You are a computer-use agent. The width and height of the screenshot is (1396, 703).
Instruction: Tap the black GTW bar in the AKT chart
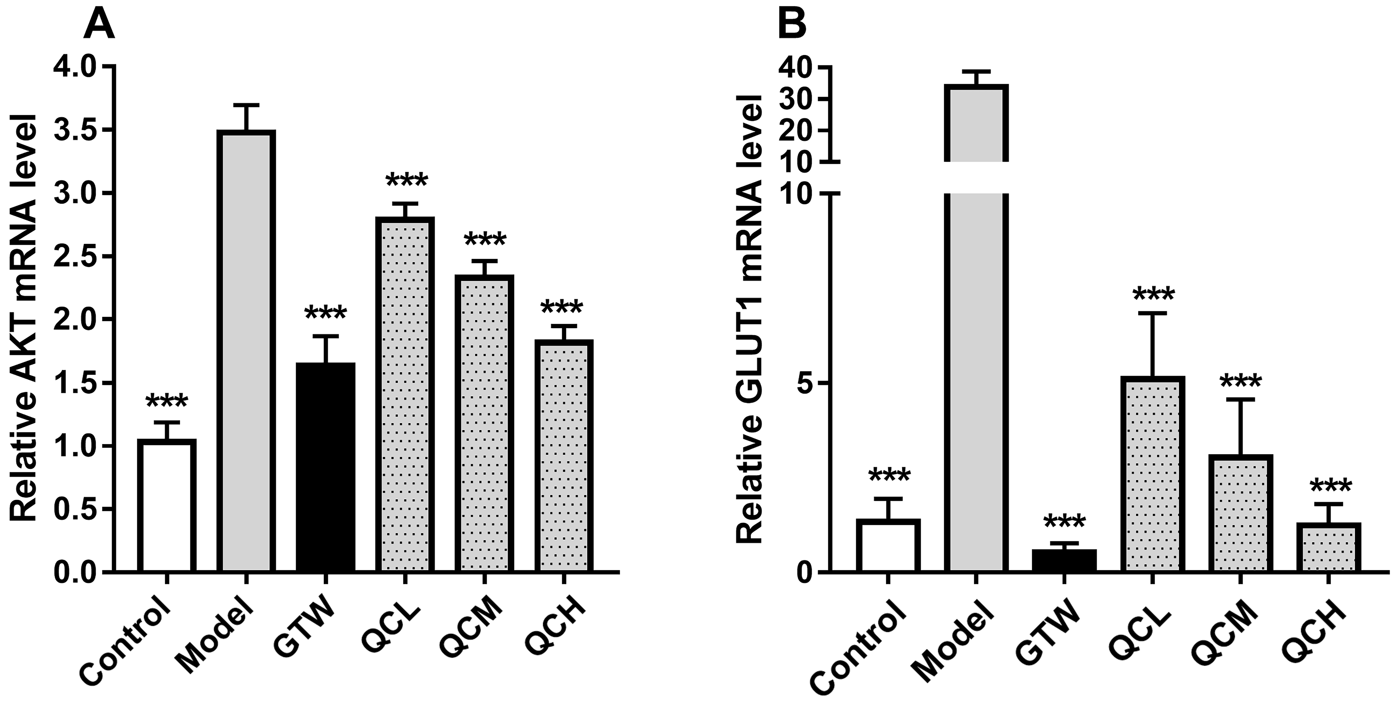[x=326, y=467]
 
